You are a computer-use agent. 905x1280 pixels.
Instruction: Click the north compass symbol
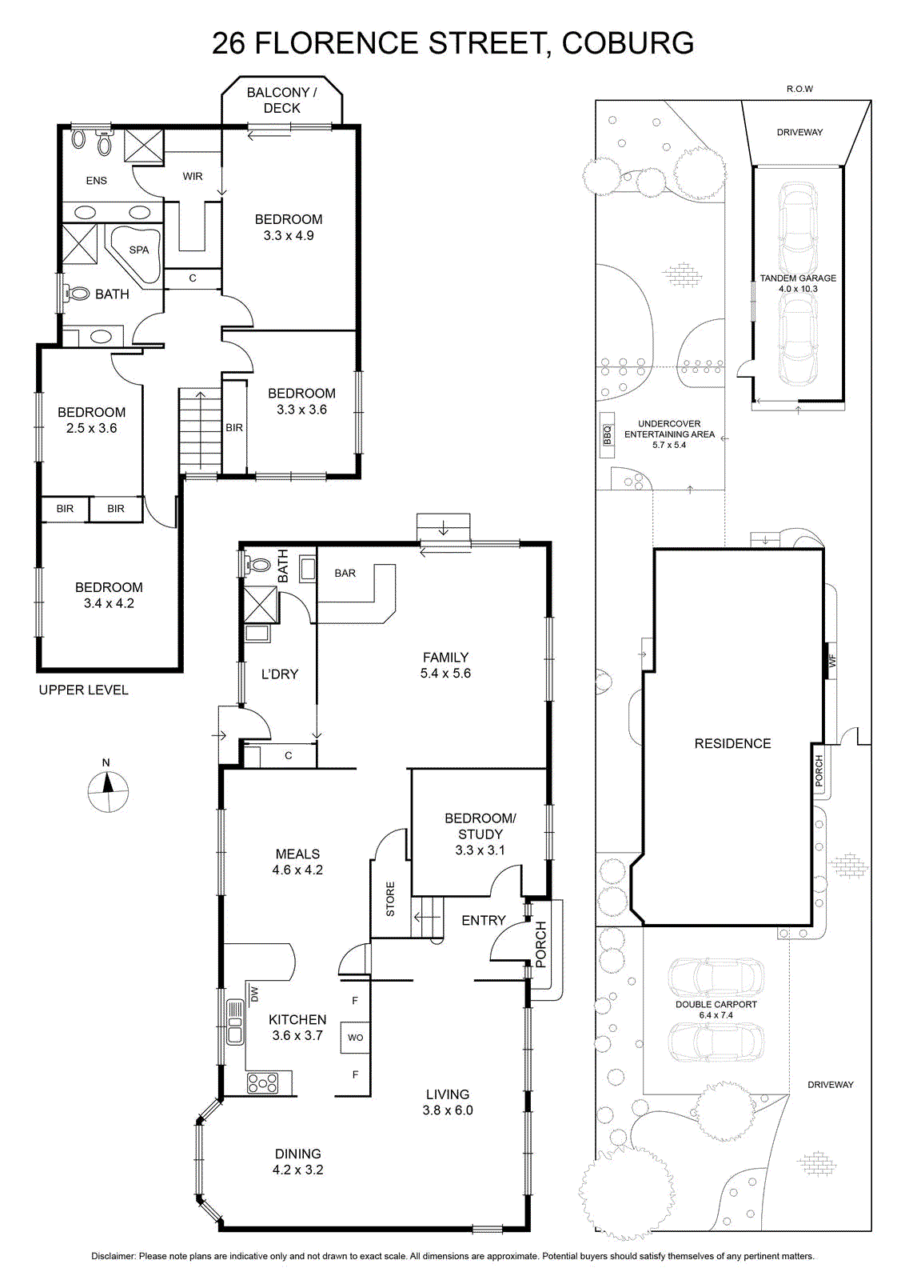click(108, 791)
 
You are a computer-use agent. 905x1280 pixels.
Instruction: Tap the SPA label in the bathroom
click(139, 250)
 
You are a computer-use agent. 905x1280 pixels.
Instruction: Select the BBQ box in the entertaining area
click(606, 434)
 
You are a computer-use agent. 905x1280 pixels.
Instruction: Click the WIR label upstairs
click(193, 177)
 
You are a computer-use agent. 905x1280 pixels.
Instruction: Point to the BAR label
click(345, 573)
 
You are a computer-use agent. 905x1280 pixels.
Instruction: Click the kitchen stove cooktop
click(263, 1083)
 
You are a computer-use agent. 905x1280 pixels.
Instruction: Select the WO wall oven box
click(355, 1037)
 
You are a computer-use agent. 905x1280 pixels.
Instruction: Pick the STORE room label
click(390, 899)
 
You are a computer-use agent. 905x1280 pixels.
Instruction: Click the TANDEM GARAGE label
click(798, 278)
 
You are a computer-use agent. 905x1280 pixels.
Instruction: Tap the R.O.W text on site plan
click(799, 89)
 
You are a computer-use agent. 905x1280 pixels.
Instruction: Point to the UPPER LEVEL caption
click(83, 690)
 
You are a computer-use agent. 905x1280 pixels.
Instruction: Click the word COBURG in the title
click(628, 43)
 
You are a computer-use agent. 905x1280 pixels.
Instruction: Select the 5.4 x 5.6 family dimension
click(445, 673)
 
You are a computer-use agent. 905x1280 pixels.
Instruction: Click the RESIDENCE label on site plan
click(732, 743)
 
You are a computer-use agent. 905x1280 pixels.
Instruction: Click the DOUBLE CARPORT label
click(716, 1004)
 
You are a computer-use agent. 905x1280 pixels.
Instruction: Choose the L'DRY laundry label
click(280, 674)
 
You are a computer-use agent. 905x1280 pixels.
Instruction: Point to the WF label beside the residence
click(831, 661)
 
